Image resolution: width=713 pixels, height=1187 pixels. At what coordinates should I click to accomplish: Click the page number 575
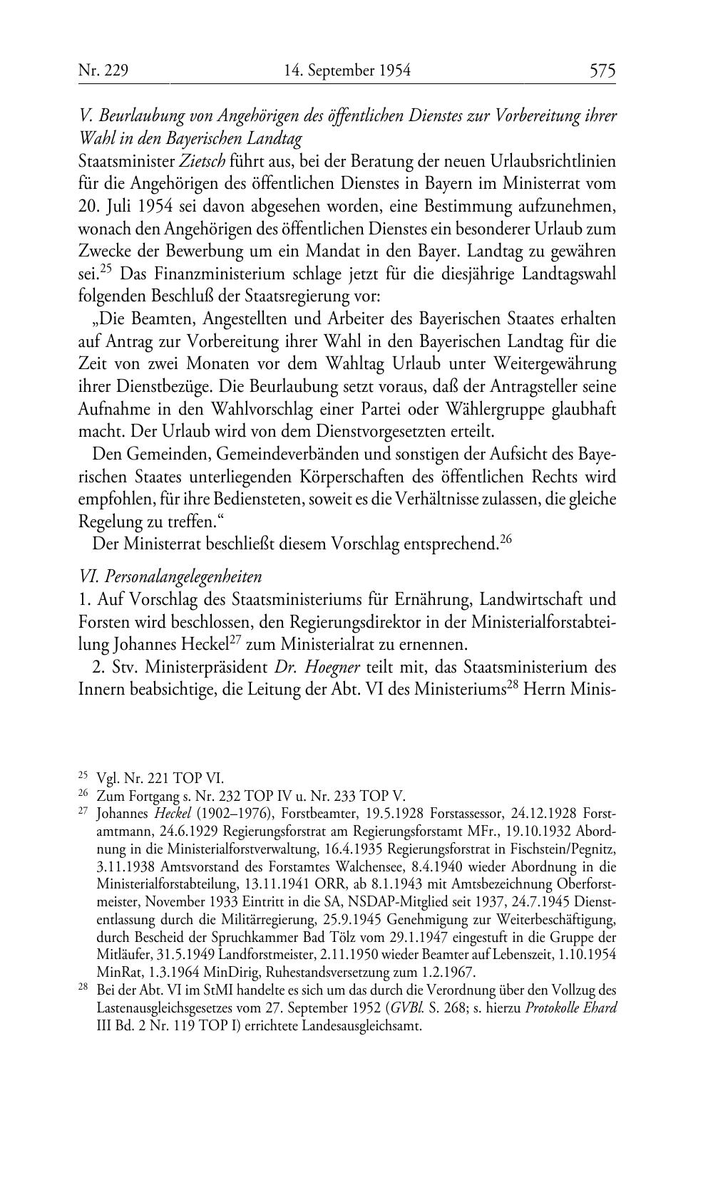click(x=602, y=71)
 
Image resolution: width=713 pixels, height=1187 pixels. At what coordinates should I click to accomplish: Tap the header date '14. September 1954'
click(x=347, y=71)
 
